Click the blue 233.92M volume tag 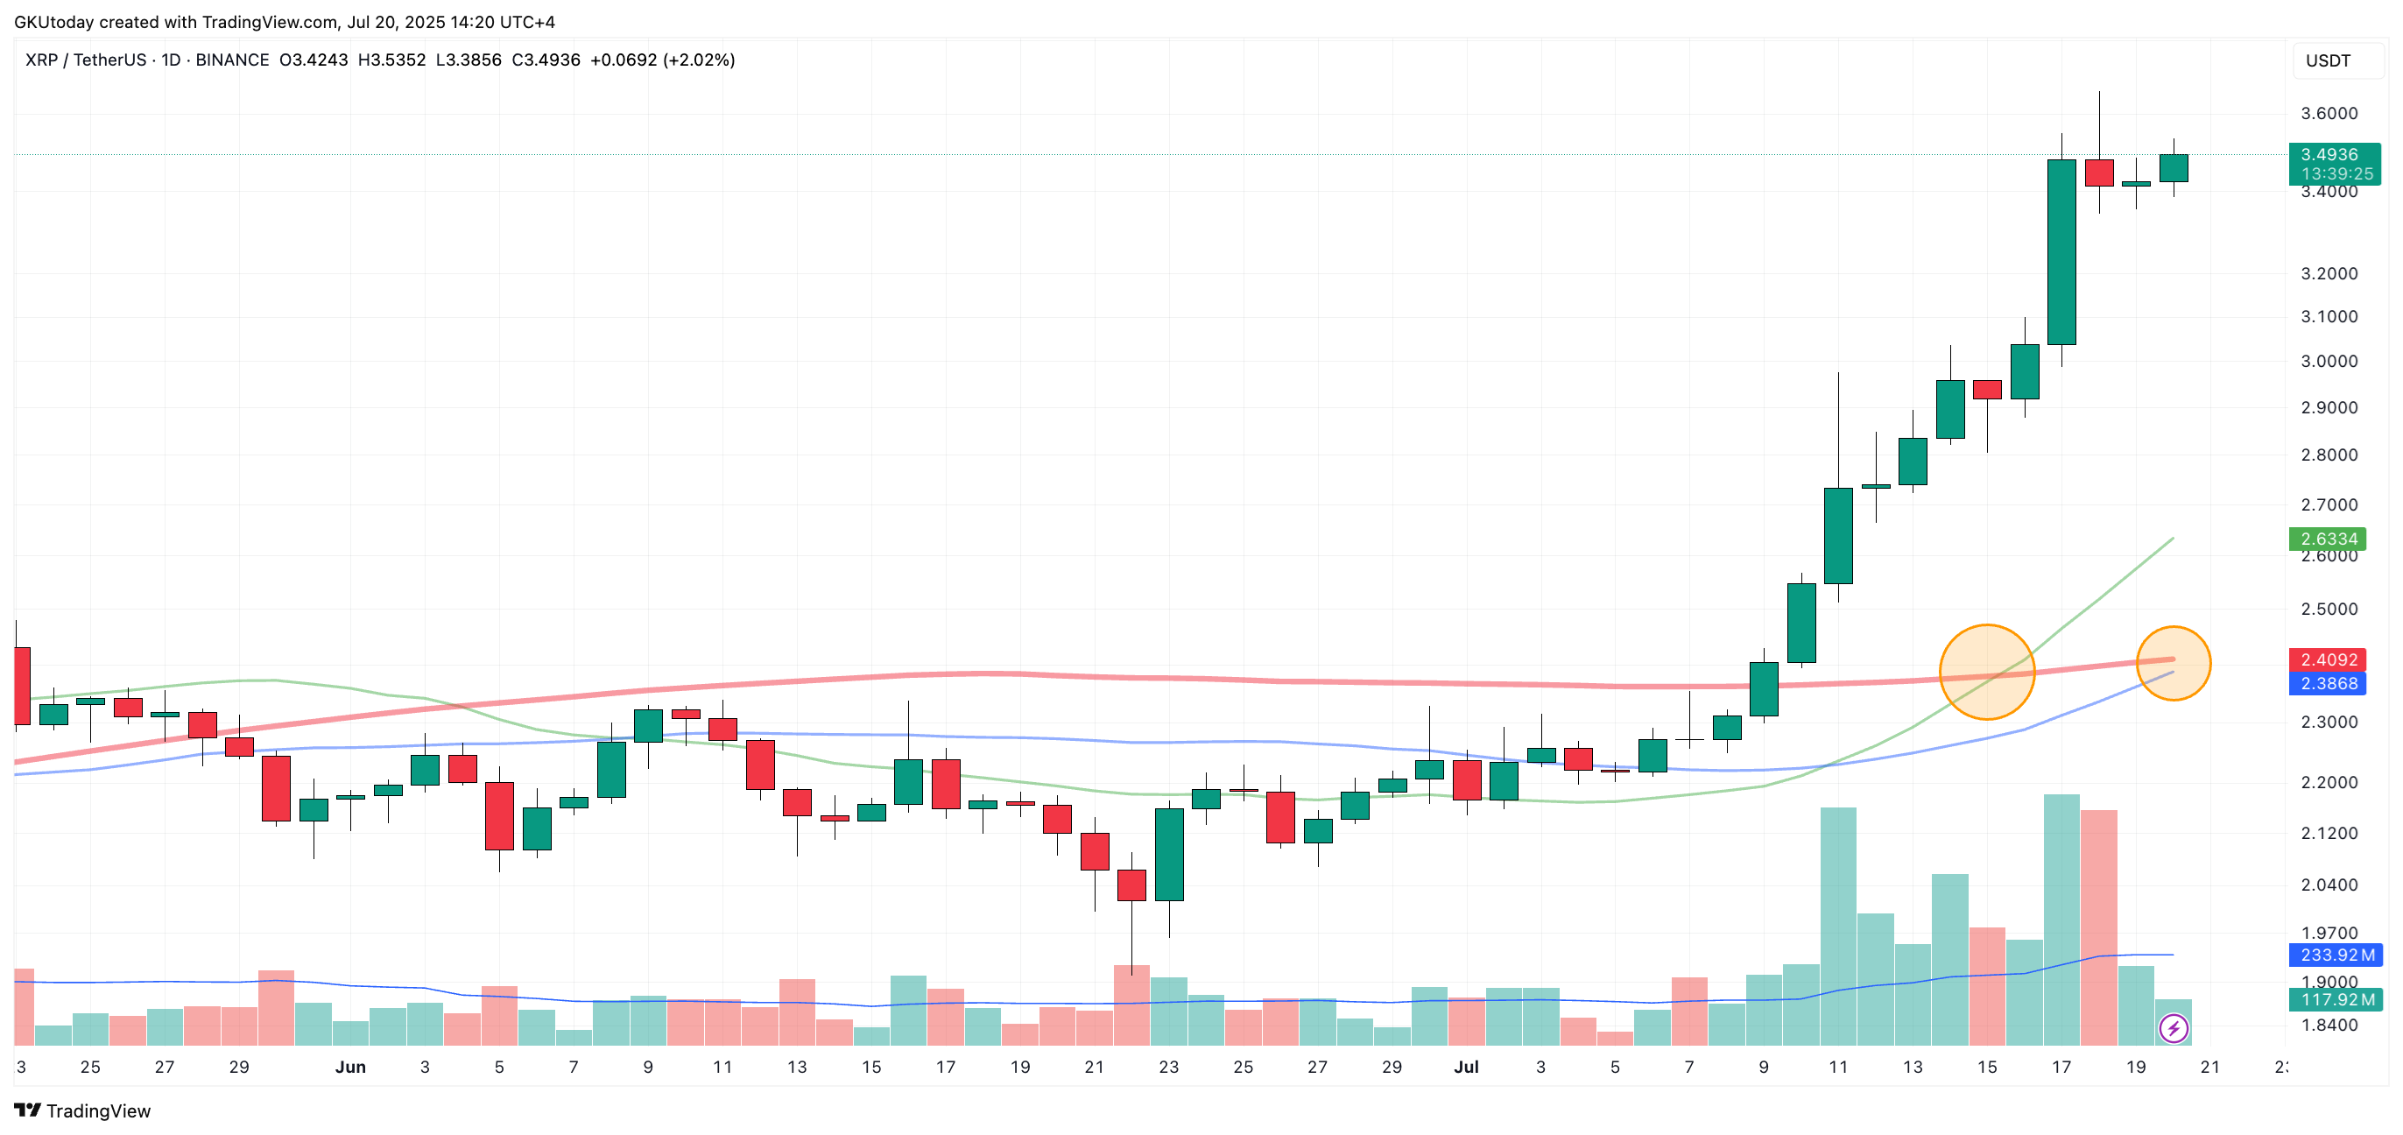[x=2335, y=955]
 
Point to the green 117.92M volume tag [x=2335, y=1000]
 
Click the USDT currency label [x=2328, y=60]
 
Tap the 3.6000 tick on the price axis [x=2329, y=114]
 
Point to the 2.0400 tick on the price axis [x=2329, y=885]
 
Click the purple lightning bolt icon [x=2174, y=1029]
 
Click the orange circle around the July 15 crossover [x=1987, y=672]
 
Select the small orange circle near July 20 [x=2173, y=663]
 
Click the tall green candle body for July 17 [x=2061, y=252]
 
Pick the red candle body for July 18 [x=2099, y=173]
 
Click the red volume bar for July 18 [x=2099, y=928]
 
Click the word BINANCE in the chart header [x=232, y=60]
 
